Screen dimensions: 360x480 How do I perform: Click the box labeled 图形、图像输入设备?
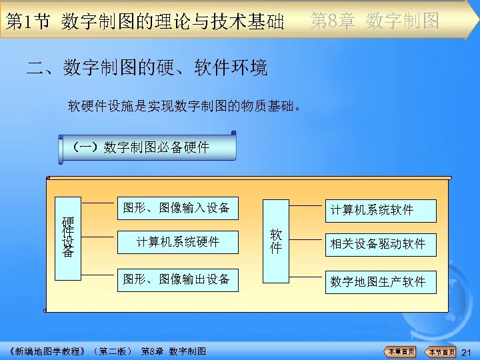click(x=177, y=209)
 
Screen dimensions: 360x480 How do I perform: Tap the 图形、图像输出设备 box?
click(x=177, y=279)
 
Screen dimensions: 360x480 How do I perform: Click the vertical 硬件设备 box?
click(x=68, y=237)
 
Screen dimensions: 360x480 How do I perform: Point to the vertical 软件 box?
click(x=275, y=241)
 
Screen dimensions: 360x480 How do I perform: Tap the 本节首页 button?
click(x=441, y=352)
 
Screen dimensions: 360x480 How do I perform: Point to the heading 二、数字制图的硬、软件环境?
click(x=147, y=68)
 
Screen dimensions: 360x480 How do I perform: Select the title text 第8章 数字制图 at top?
click(x=375, y=21)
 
